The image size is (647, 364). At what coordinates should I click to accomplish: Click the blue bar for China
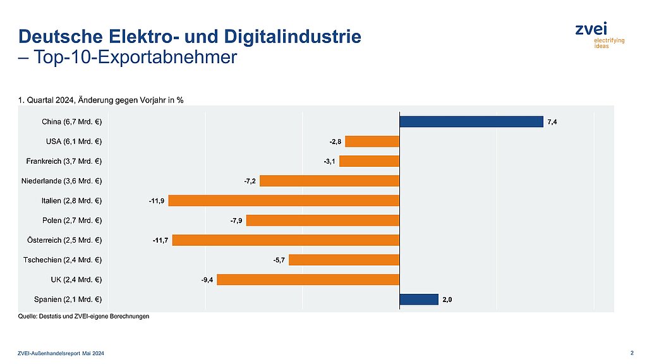[471, 121]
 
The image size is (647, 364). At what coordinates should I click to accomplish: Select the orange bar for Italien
[284, 200]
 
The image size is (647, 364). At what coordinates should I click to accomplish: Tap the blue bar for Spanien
[419, 299]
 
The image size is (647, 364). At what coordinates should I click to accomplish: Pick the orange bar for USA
[372, 141]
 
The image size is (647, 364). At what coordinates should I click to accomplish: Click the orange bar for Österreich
[286, 240]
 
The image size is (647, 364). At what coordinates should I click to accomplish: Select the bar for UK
[308, 279]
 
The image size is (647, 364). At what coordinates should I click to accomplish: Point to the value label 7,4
[552, 121]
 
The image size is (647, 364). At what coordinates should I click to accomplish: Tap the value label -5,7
[279, 260]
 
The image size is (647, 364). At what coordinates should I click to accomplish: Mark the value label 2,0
[447, 300]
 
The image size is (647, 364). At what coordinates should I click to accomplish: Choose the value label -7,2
[250, 181]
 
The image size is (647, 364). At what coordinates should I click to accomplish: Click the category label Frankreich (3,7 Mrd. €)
[68, 161]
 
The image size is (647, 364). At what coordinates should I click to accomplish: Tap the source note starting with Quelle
[84, 317]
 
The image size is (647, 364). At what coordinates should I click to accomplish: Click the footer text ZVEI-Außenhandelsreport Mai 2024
[61, 353]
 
